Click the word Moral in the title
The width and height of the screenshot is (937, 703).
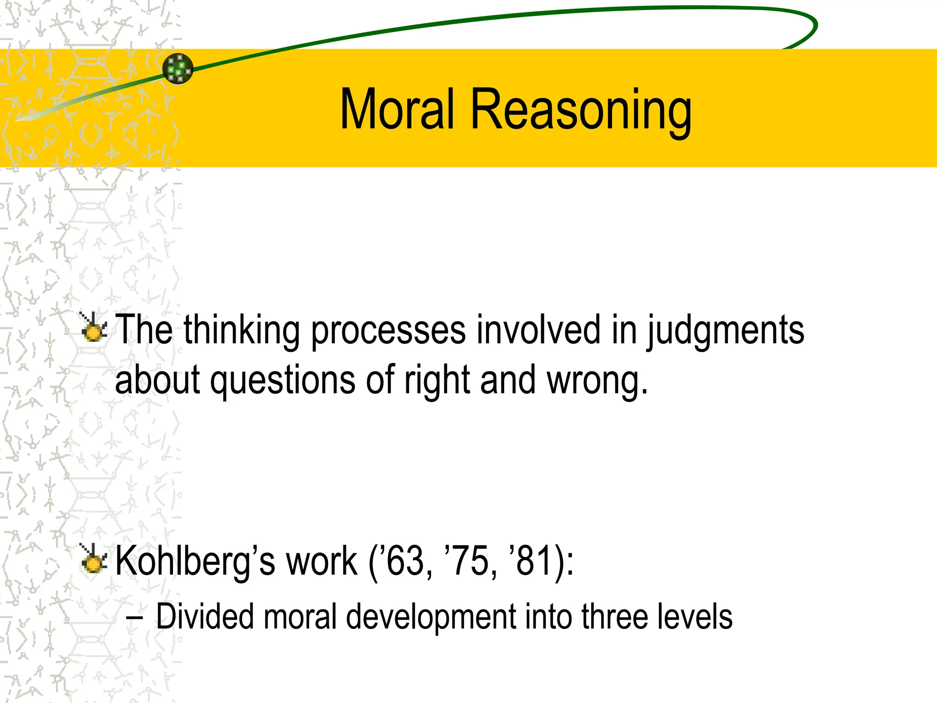tap(397, 110)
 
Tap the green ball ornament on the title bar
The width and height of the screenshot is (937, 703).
tap(178, 69)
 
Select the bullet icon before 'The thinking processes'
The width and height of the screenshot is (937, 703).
tap(94, 328)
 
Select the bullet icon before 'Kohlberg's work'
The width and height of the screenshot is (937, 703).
tap(94, 559)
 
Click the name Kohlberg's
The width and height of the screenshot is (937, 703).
tap(195, 562)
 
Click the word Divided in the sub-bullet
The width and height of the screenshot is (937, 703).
tap(205, 616)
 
